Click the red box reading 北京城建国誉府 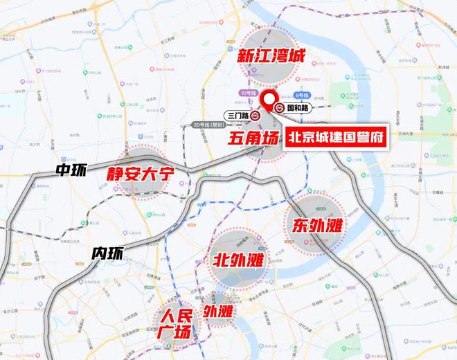click(334, 136)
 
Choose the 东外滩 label click(314, 226)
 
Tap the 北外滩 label click(238, 262)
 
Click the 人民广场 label click(174, 323)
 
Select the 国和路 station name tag click(298, 109)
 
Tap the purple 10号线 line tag click(247, 92)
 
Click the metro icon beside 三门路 click(256, 116)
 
